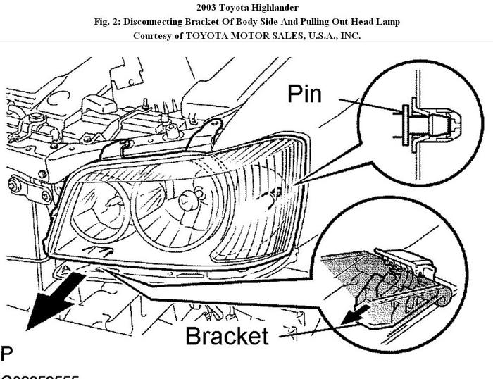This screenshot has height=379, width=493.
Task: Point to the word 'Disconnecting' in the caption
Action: (x=157, y=22)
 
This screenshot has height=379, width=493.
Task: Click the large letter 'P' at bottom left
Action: (x=6, y=352)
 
